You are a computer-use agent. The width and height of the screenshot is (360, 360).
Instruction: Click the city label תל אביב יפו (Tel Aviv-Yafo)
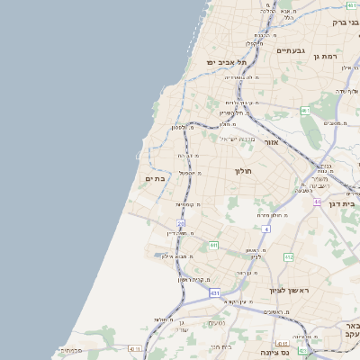click(x=220, y=62)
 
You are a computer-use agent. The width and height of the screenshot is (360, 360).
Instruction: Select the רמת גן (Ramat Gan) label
click(x=325, y=56)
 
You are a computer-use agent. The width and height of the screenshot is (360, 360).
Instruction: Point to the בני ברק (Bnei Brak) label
click(x=346, y=22)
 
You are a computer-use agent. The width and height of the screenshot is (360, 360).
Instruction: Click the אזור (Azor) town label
click(x=271, y=142)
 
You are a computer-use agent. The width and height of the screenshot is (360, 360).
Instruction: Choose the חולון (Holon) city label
click(x=242, y=171)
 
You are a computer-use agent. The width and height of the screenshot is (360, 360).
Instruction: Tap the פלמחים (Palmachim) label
click(x=72, y=350)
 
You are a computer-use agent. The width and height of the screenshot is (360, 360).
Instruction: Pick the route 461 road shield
click(x=305, y=111)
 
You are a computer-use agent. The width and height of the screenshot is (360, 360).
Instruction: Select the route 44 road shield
click(x=317, y=202)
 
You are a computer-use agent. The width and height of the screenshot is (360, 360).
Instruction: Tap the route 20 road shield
click(x=181, y=223)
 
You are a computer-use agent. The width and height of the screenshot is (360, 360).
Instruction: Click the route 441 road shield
click(x=213, y=245)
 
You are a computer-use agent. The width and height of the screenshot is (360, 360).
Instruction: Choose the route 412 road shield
click(x=288, y=257)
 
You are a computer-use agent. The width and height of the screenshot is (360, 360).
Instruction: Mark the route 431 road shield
click(x=214, y=292)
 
